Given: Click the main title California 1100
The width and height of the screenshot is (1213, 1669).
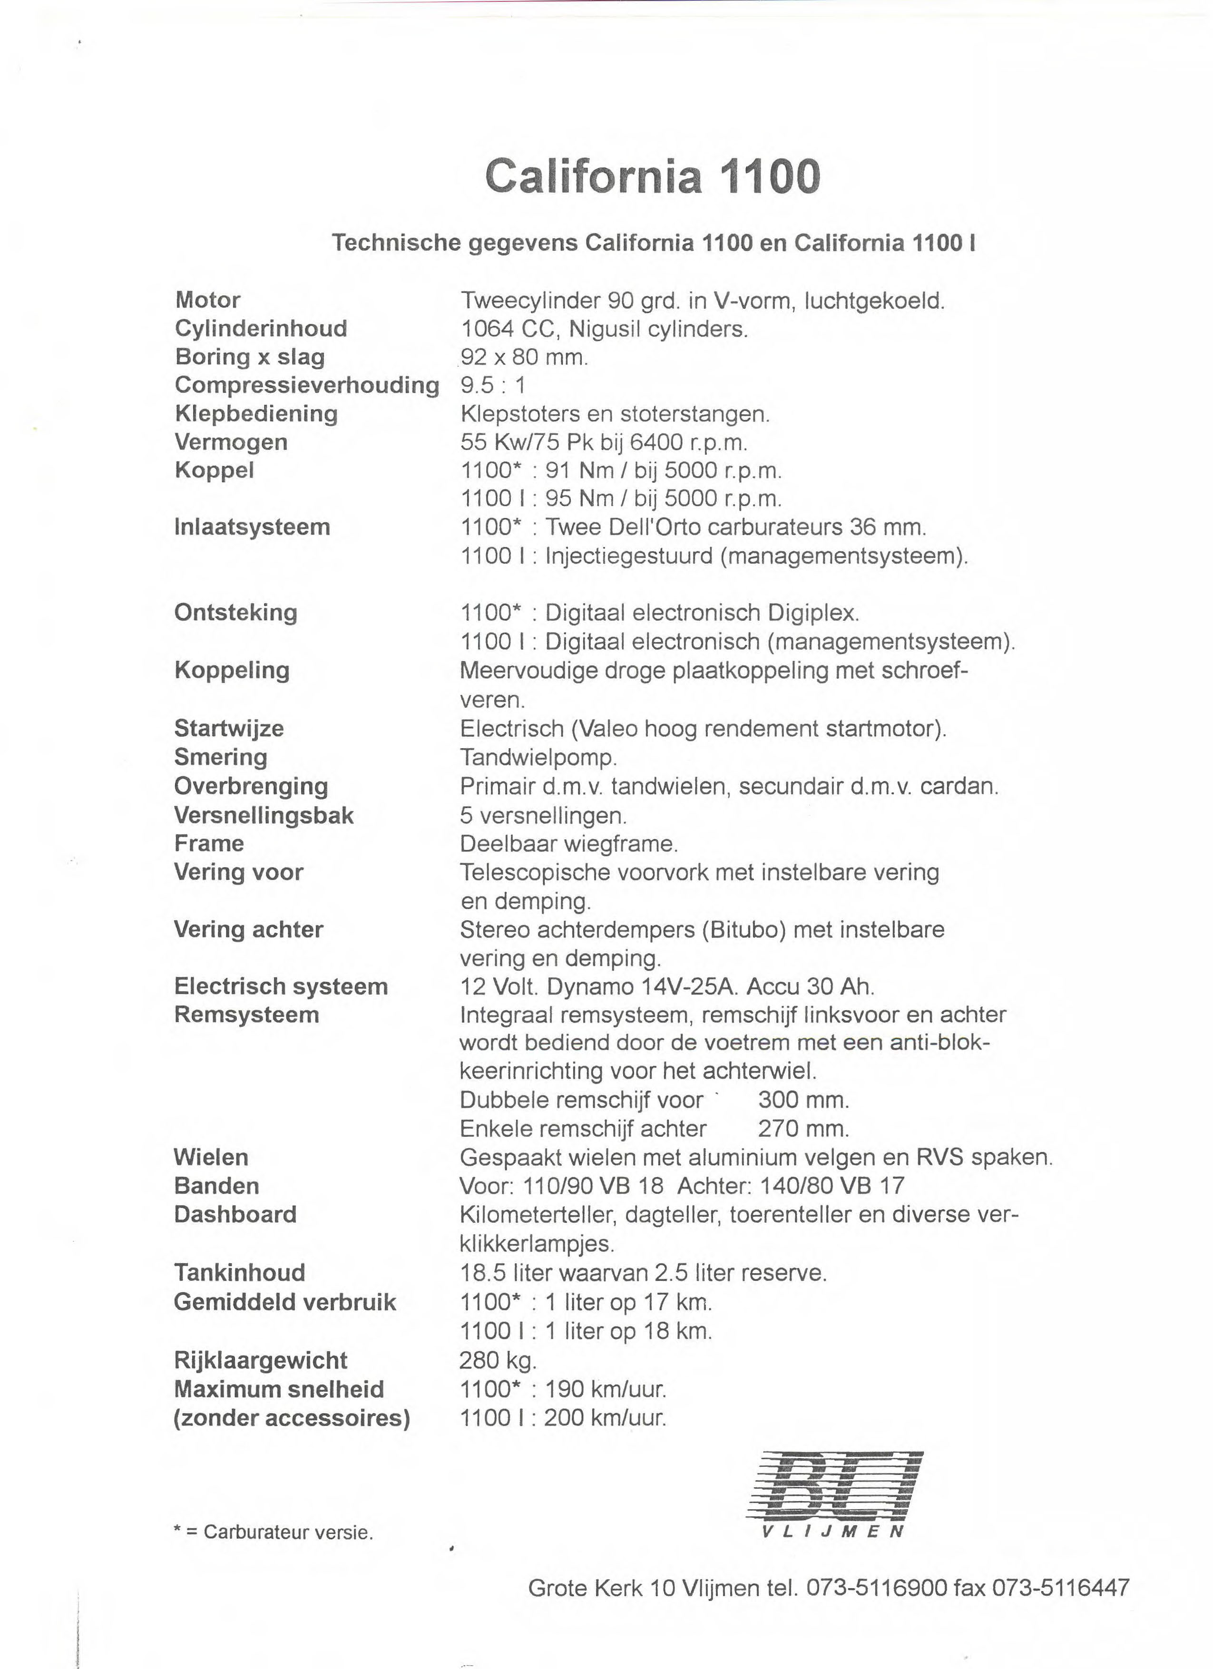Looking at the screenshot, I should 652,176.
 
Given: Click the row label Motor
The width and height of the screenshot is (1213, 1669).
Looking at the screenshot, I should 207,300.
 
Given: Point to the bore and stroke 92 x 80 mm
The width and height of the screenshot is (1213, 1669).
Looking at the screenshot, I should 524,358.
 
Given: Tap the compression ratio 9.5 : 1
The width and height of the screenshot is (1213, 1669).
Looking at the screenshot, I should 492,386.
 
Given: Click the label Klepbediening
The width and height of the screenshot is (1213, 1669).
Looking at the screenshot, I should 256,414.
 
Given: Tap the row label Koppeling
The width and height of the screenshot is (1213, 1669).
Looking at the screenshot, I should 232,670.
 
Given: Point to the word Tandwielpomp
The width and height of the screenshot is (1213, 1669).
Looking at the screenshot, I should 538,757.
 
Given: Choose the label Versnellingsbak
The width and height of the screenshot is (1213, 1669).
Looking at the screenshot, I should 264,815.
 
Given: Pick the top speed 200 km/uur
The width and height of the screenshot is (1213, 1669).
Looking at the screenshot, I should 605,1418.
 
